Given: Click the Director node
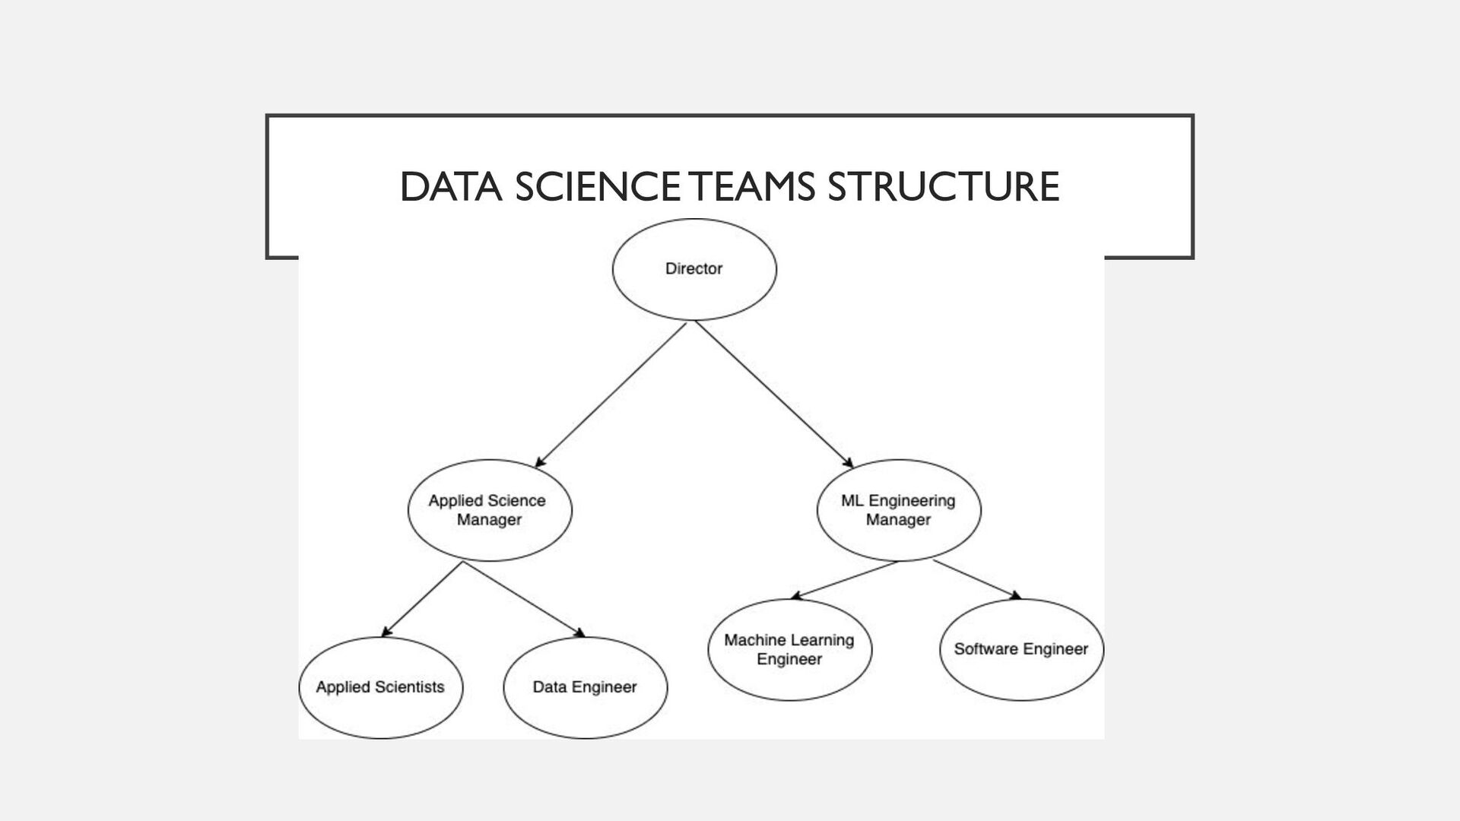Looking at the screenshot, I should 693,269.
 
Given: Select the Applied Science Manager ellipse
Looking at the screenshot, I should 490,510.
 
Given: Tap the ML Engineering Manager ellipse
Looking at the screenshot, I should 898,510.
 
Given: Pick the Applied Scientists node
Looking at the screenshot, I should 380,687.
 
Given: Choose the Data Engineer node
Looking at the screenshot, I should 585,687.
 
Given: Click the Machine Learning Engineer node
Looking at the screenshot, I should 789,649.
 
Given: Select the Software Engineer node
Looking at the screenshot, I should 1021,649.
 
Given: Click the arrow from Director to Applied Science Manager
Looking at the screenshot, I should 611,395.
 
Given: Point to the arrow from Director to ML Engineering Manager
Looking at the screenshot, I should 773,395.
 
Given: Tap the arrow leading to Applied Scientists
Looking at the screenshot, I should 423,598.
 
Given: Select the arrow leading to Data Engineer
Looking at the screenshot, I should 524,599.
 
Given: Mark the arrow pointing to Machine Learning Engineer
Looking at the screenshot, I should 844,580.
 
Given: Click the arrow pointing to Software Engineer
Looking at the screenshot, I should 977,579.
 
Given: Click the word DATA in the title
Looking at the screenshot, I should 450,187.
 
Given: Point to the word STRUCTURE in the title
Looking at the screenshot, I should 943,187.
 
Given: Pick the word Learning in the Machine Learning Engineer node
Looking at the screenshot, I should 822,640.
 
